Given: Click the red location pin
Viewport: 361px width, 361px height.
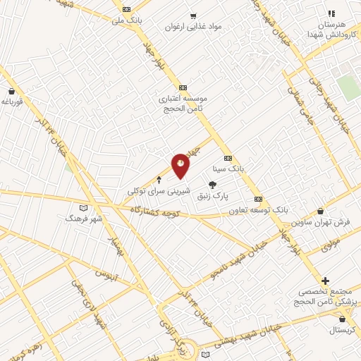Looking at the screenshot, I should (181, 165).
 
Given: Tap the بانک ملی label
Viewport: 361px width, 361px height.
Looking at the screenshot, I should (127, 20).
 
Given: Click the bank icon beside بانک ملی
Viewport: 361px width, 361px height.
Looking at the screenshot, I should (126, 8).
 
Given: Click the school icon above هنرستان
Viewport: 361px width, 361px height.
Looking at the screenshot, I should (330, 13).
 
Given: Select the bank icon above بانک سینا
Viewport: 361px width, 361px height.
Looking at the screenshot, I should (228, 159).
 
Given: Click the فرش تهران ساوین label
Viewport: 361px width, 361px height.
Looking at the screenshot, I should (322, 222).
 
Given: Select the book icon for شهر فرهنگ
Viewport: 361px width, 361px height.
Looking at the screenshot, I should (84, 207).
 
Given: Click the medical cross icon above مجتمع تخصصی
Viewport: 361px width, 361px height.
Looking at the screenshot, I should (325, 281).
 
